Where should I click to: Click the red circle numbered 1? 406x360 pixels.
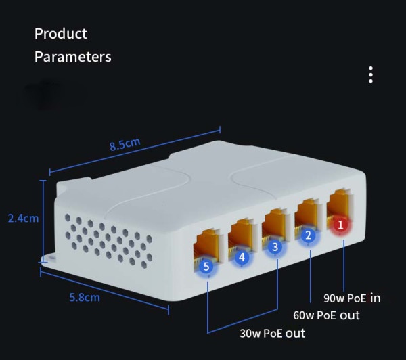coord(340,225)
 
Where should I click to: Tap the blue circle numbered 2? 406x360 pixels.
coord(308,235)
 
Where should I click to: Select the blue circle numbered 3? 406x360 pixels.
coord(275,247)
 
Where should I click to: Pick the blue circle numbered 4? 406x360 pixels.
coord(242,257)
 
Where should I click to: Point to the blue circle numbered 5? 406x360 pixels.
coord(206,266)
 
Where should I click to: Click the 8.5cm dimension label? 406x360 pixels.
coord(125,144)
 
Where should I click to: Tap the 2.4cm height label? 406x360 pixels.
coord(23,219)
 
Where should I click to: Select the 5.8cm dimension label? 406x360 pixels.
coord(85,297)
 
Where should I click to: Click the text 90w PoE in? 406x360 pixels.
coord(352,298)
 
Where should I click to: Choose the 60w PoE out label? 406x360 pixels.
coord(326,315)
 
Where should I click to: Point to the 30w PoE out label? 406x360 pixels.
coord(273,333)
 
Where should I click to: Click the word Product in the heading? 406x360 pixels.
coord(61,34)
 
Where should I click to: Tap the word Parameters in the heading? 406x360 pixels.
coord(73,57)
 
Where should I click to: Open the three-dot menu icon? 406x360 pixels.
coord(371,74)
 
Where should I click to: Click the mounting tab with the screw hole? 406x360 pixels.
coord(49,258)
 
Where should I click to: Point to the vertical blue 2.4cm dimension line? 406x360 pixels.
coord(43,221)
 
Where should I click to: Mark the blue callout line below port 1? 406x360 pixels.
coord(344,266)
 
